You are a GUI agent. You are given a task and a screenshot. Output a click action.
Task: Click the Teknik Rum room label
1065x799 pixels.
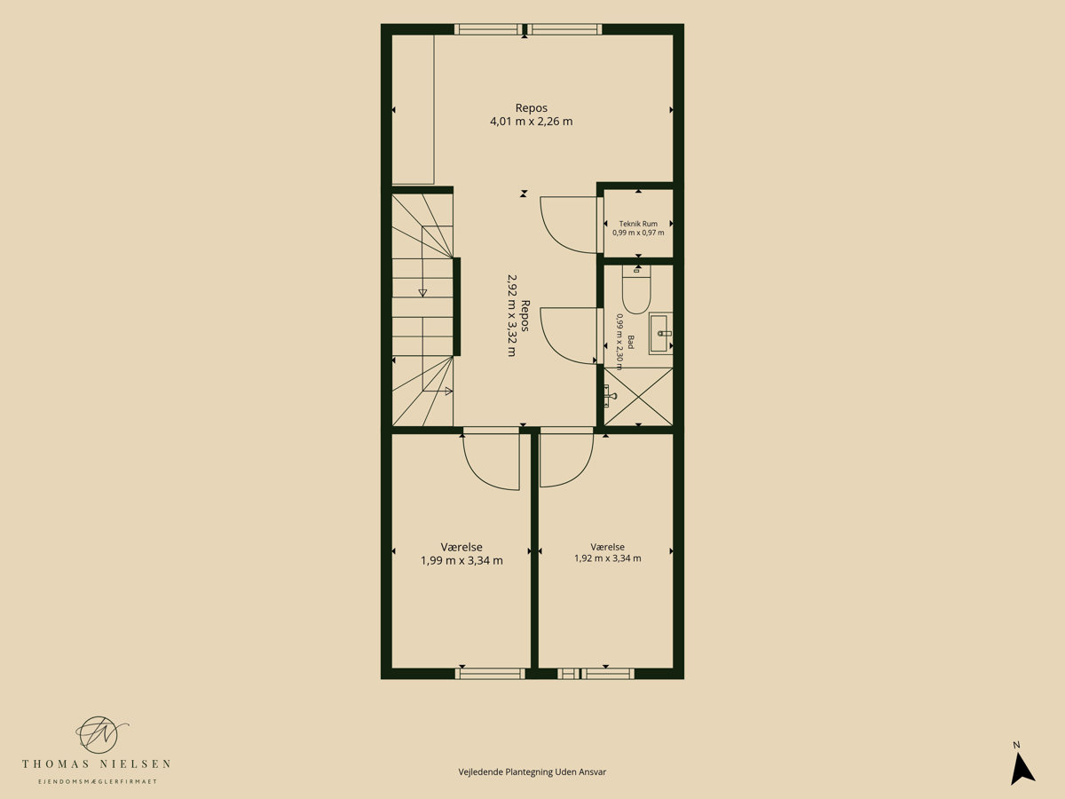click(638, 224)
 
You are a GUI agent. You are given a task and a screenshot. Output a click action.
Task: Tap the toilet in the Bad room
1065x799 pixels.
click(636, 289)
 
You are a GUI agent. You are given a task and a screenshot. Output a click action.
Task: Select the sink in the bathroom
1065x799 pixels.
click(661, 333)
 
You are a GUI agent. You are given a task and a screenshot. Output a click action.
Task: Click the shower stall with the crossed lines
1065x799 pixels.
click(638, 397)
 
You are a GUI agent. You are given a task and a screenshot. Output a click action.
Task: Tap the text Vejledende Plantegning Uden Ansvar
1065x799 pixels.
click(532, 771)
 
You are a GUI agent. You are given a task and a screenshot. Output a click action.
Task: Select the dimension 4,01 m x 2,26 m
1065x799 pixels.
click(532, 122)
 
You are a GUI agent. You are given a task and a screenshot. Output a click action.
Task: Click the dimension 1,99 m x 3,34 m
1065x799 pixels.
click(461, 561)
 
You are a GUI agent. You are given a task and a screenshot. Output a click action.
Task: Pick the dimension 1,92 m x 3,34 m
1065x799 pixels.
click(607, 558)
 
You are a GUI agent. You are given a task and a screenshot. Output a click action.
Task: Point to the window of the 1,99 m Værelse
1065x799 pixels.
click(490, 673)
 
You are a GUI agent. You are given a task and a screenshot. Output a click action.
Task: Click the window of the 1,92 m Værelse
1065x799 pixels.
click(596, 673)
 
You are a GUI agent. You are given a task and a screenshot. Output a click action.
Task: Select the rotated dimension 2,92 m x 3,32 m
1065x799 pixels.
click(511, 315)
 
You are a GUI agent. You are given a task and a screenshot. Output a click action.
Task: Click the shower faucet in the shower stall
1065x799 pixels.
click(609, 396)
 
